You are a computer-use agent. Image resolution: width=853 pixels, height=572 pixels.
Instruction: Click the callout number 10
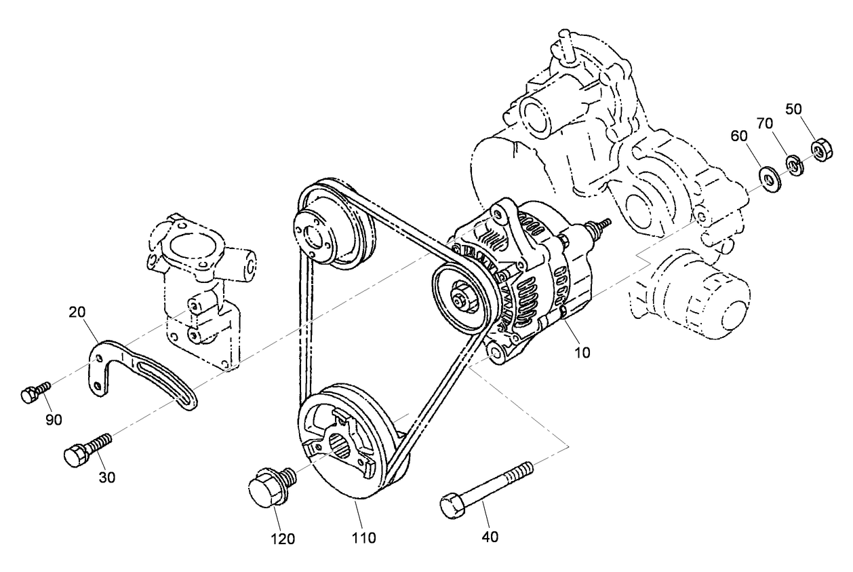click(x=582, y=352)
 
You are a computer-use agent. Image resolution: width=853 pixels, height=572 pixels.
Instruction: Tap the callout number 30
click(x=106, y=477)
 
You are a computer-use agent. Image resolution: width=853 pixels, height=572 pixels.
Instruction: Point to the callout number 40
click(x=490, y=536)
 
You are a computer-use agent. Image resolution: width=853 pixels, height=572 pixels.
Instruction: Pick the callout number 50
click(x=795, y=108)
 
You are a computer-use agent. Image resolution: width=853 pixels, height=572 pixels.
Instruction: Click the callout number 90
click(x=54, y=419)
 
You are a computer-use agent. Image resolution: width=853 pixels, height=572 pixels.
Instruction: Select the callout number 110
click(x=363, y=538)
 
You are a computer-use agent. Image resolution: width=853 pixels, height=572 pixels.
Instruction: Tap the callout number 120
click(x=283, y=539)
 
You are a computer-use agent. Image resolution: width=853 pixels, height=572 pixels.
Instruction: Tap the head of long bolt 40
click(x=451, y=507)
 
